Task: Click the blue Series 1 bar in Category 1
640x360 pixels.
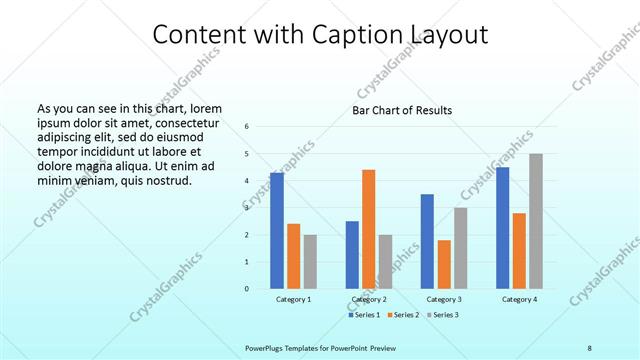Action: (x=277, y=231)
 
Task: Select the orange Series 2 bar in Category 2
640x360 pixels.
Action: (x=368, y=229)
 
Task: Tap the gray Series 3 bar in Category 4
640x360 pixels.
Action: (x=536, y=221)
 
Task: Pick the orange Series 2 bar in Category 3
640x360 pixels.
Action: (x=443, y=264)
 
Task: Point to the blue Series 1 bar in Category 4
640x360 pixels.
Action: (x=502, y=228)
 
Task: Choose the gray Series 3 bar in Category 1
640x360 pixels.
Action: (x=310, y=262)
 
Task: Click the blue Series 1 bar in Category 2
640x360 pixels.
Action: (x=352, y=255)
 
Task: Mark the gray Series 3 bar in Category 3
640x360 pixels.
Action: (x=460, y=248)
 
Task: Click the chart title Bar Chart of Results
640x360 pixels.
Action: (x=402, y=110)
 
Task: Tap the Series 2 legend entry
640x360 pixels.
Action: (x=402, y=315)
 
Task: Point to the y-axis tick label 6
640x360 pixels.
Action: (x=248, y=127)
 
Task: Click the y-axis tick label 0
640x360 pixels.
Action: (x=248, y=289)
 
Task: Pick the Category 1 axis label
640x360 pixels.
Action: (x=293, y=300)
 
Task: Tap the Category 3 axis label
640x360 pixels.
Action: (x=443, y=300)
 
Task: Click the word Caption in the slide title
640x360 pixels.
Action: (x=319, y=36)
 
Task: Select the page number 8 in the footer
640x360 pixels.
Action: (x=589, y=347)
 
